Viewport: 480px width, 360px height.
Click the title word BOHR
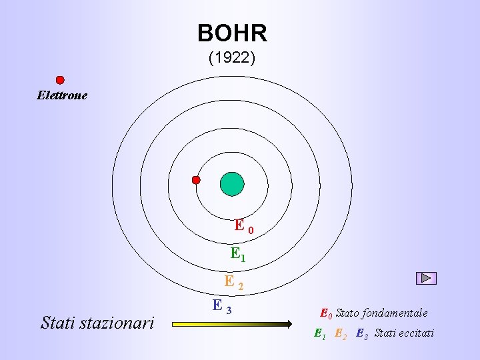coord(232,33)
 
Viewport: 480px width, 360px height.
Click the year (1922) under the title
coord(231,58)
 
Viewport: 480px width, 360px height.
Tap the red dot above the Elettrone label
coord(60,80)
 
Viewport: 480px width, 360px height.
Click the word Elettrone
coord(62,95)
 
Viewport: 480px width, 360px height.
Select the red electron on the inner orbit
coord(196,180)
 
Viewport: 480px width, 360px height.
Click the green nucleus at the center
coord(232,184)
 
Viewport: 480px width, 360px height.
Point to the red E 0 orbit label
coord(243,227)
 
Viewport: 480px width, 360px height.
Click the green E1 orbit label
coord(238,254)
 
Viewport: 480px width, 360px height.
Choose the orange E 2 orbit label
coord(233,283)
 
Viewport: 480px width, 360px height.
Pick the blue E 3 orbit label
coord(222,307)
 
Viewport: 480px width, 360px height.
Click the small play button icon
coord(426,279)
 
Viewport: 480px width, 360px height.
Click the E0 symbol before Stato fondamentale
coord(325,313)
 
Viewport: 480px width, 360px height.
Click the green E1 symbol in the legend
coord(319,333)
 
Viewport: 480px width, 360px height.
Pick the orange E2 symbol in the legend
coord(340,333)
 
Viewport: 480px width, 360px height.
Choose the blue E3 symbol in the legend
coord(362,333)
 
